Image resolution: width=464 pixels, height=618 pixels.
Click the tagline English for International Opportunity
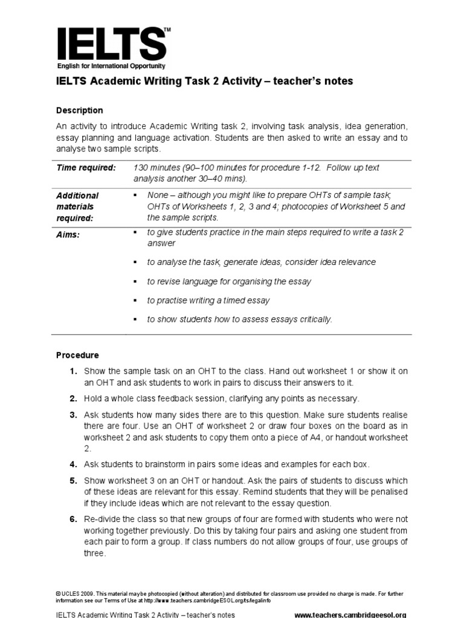point(111,66)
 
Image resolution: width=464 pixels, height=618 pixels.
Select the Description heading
point(80,110)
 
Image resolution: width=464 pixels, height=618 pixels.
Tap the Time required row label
point(86,168)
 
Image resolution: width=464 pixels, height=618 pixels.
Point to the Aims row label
point(68,235)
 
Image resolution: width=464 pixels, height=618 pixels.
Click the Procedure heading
point(77,355)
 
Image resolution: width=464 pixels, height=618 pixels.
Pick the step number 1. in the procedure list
point(72,371)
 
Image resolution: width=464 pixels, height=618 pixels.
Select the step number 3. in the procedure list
point(72,415)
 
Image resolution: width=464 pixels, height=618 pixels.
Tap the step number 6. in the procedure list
point(72,519)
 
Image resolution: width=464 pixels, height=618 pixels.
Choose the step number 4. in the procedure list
point(72,464)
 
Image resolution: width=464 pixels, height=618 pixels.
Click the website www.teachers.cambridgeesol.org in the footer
point(350,615)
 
